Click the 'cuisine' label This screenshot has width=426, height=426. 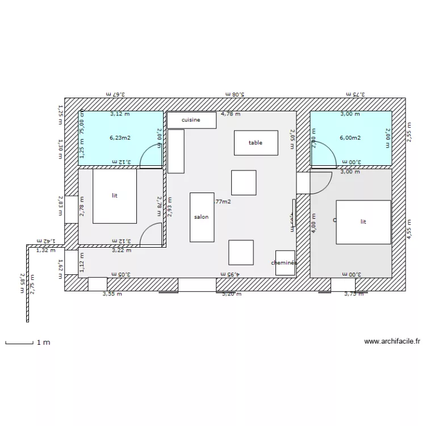pos(191,120)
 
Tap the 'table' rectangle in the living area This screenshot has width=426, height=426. pos(256,143)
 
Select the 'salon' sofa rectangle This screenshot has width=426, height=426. pos(202,217)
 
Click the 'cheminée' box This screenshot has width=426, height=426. pos(285,263)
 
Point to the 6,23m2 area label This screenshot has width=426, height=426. pos(120,137)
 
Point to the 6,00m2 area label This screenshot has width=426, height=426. pos(350,137)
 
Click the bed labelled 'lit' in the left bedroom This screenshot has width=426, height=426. pos(115,195)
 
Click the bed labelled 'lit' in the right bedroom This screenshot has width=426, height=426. pos(364,222)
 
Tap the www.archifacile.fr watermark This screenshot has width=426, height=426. pos(392,342)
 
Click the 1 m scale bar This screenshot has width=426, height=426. pos(19,343)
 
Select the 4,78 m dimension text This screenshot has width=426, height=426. pos(231,114)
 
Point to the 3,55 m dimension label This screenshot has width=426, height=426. pos(112,294)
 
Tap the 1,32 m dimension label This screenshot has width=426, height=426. pos(45,249)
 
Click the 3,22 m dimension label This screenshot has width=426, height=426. pos(121,250)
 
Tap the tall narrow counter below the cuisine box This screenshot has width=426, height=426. pos(176,151)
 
